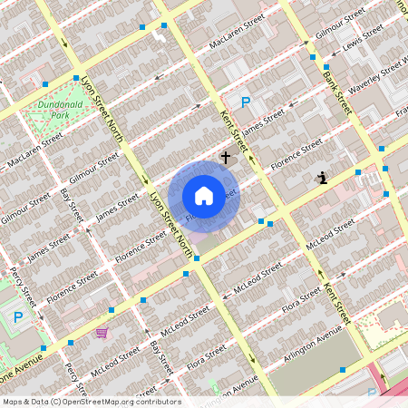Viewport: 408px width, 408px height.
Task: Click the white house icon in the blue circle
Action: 204,195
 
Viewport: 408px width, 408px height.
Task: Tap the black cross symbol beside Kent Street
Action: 226,158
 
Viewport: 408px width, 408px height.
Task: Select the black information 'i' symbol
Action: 323,178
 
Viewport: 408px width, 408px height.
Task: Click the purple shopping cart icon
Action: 102,333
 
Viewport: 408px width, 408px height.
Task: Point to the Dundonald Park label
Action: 61,111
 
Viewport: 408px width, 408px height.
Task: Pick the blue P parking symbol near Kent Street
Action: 244,103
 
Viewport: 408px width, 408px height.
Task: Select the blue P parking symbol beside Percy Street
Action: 18,318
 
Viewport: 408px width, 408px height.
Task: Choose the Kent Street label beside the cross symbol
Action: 233,130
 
